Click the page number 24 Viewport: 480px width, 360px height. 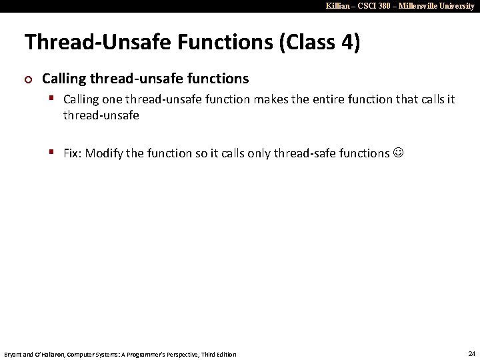point(471,353)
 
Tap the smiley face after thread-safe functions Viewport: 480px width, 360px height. point(399,153)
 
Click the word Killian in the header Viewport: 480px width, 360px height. point(339,6)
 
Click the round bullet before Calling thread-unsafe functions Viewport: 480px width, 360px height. point(28,79)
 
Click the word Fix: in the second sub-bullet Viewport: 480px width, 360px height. point(73,153)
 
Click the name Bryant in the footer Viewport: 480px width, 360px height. point(14,354)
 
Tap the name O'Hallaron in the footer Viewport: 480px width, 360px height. point(45,354)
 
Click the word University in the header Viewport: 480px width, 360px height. point(457,6)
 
